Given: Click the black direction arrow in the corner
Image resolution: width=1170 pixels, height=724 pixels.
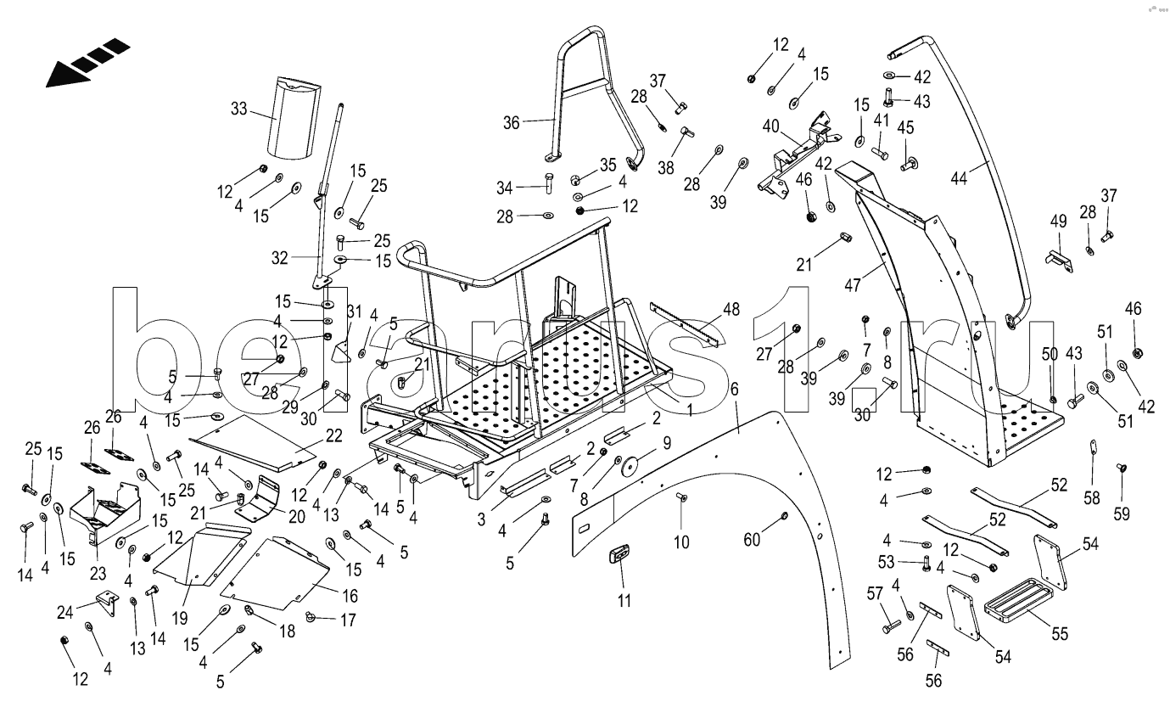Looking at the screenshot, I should pyautogui.click(x=85, y=63).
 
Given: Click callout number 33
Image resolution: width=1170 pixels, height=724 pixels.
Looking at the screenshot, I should pyautogui.click(x=238, y=108).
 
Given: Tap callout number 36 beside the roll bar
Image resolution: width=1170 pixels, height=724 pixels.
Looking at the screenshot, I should pyautogui.click(x=511, y=122).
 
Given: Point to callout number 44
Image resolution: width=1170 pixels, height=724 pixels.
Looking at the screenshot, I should pyautogui.click(x=959, y=178).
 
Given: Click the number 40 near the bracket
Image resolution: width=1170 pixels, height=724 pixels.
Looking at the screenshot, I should pyautogui.click(x=770, y=126).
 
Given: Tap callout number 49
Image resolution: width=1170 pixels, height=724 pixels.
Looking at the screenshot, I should pyautogui.click(x=1058, y=222).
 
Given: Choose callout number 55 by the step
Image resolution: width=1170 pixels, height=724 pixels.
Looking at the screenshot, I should pyautogui.click(x=1060, y=633).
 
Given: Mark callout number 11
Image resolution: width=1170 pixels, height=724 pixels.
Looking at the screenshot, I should pyautogui.click(x=624, y=601).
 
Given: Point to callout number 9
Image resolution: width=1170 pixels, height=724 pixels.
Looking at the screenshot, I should pyautogui.click(x=667, y=441).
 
